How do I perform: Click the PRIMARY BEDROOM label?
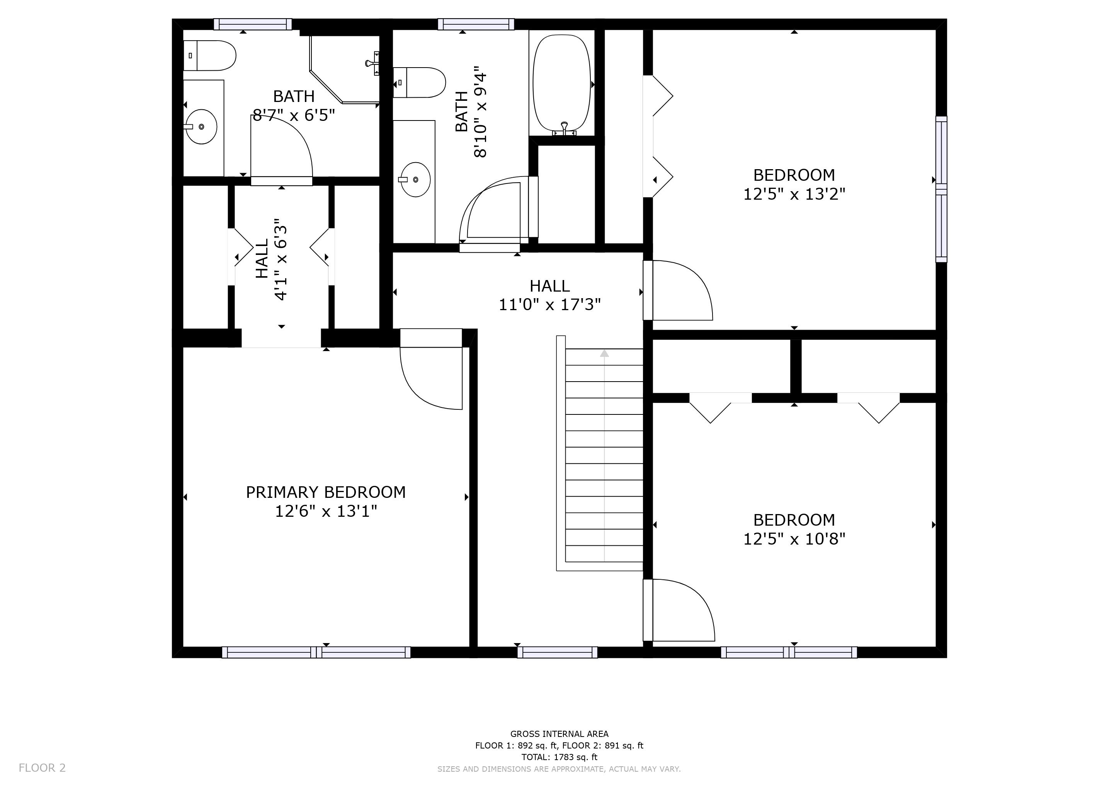tap(326, 492)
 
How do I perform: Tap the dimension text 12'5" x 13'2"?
tap(794, 194)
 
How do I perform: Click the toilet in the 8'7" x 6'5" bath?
tap(209, 56)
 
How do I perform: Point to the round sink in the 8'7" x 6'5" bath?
tap(202, 127)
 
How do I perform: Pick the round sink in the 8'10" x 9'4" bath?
tap(415, 180)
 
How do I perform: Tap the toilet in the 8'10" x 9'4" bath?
tap(420, 82)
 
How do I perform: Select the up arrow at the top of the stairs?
tap(604, 353)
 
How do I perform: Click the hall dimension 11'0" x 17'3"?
tap(550, 305)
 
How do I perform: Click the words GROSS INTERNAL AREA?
tap(559, 733)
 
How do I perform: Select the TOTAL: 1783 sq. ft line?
tap(559, 757)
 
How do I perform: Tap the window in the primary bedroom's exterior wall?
tap(316, 652)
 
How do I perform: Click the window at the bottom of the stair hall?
tap(558, 652)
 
